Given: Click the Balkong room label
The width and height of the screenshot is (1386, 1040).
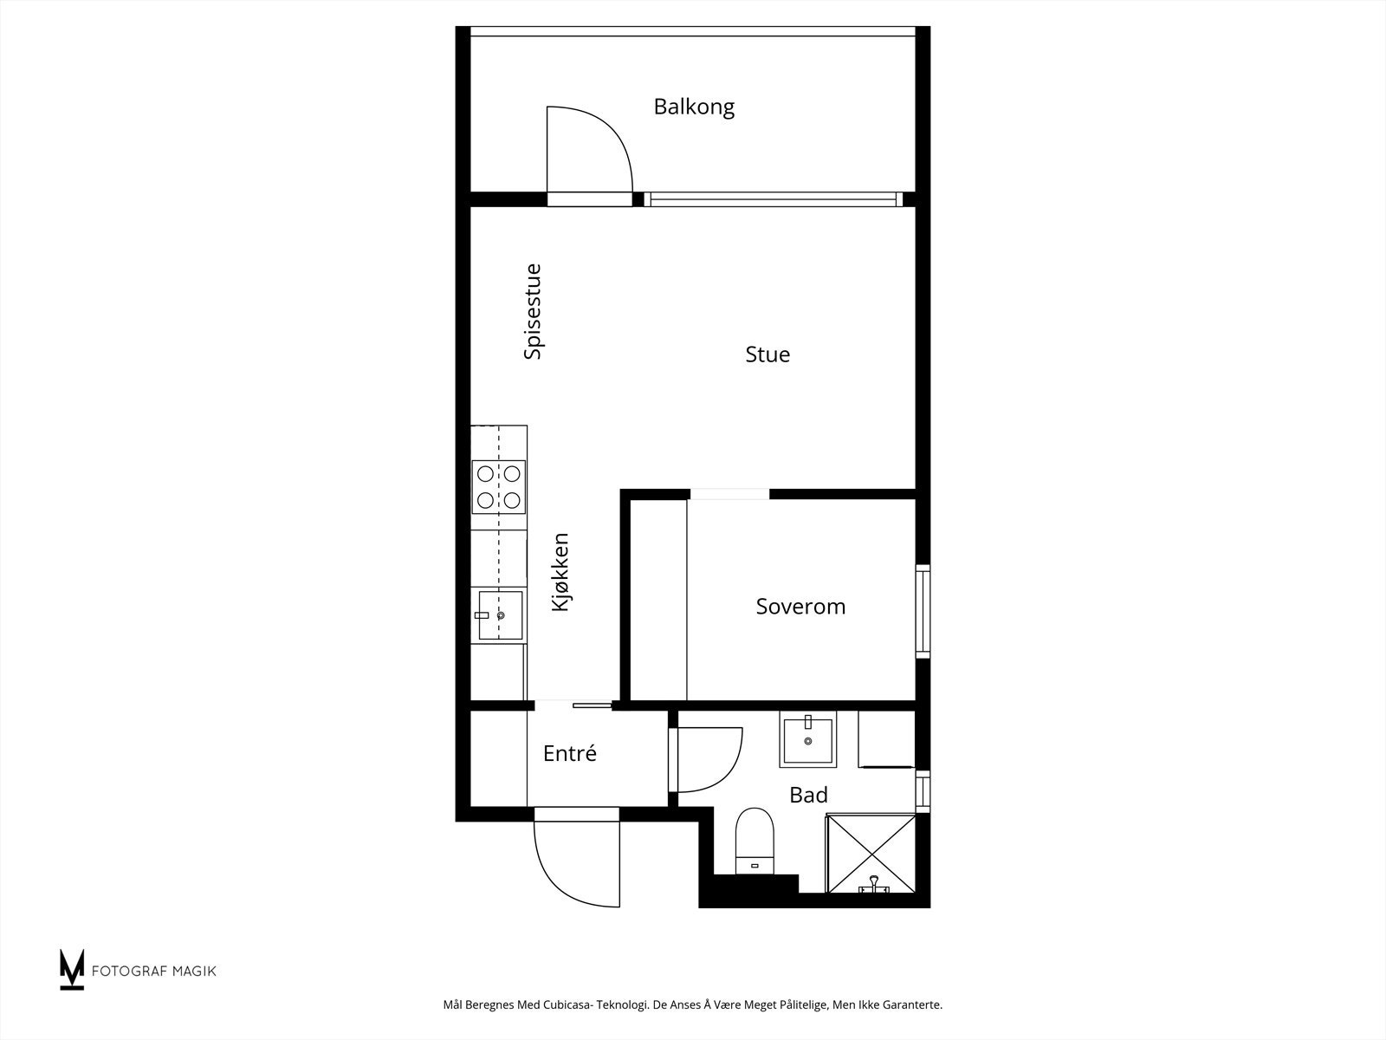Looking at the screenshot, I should pos(694,107).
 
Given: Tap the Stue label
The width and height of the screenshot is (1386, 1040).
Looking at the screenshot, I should pos(767,354).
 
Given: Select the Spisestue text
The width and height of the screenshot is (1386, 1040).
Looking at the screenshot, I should pos(533,312).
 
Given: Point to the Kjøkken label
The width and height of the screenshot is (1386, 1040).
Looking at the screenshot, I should pos(560,572).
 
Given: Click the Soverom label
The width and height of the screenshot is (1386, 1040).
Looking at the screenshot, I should pos(800,606).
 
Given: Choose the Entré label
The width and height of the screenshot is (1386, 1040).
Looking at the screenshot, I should pos(570,753).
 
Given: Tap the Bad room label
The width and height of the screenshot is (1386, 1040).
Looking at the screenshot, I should pos(808,795).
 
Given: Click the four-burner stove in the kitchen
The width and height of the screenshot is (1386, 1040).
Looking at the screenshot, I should pos(499,487).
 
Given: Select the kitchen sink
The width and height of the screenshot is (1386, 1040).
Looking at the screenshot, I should pos(500,615).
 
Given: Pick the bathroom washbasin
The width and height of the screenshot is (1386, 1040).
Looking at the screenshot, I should pos(807,739).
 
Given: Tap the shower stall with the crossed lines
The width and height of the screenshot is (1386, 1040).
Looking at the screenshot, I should pos(870,853).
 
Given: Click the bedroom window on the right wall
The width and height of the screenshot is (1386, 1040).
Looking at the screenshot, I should pos(923,611).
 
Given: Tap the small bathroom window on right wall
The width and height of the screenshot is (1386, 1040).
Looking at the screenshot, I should pos(923,790).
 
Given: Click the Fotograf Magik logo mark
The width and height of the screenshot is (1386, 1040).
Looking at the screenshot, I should pos(72,969).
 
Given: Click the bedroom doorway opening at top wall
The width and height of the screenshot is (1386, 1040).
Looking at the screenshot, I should pos(729,494).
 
